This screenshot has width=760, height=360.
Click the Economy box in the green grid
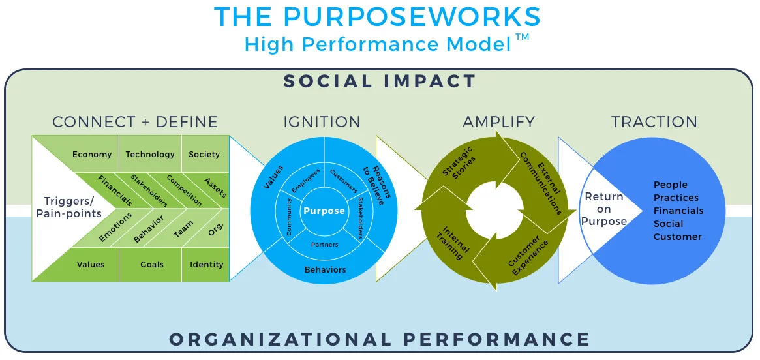pos(92,154)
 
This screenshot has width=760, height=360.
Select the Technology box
pos(150,154)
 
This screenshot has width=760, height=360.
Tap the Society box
pos(205,154)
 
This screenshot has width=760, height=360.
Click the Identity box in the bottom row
pos(206,265)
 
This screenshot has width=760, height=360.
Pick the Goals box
pos(152,265)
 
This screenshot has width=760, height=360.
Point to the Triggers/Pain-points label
pos(69,207)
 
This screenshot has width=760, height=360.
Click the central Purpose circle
pos(324,211)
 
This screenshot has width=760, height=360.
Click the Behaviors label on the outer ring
pos(326,269)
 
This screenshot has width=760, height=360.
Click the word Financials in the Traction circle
pos(678,211)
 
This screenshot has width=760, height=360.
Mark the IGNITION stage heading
pos(322,121)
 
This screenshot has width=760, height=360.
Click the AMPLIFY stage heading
pos(499,121)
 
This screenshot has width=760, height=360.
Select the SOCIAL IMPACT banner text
pos(380,81)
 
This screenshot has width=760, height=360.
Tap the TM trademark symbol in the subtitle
pos(522,38)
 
